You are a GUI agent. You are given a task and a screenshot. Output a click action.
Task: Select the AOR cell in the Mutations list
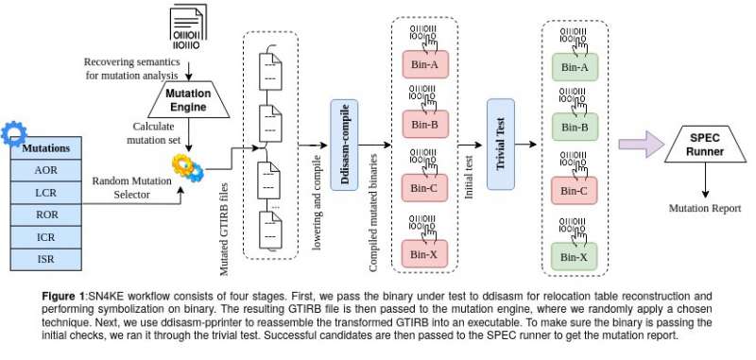pos(45,170)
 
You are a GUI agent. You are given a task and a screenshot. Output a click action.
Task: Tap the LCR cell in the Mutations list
pos(45,193)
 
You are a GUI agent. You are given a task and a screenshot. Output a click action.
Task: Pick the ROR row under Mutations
pos(45,214)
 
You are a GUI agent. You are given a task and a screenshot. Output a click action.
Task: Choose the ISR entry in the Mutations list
pos(45,258)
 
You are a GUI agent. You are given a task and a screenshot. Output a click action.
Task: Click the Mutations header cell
pos(45,148)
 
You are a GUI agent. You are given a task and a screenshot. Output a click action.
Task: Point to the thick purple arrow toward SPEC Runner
pos(641,144)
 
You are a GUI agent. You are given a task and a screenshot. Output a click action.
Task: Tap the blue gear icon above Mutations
pos(16,133)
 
